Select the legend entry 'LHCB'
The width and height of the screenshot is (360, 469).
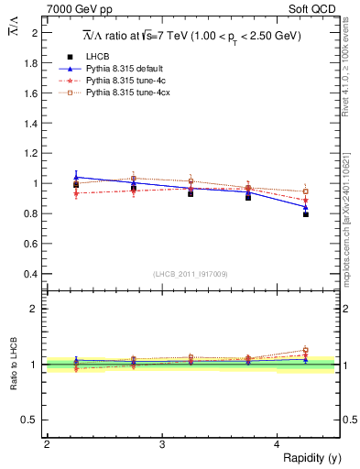[x=100, y=56]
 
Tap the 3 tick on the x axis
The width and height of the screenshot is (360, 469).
[x=162, y=444]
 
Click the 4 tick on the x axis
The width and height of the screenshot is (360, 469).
[x=278, y=444]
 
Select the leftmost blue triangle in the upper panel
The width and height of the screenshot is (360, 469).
[x=76, y=177]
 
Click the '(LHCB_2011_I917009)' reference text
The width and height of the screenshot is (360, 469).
[x=191, y=274]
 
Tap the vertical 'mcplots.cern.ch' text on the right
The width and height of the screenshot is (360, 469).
[x=350, y=211]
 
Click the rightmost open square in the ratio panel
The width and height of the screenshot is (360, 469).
[x=306, y=350]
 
